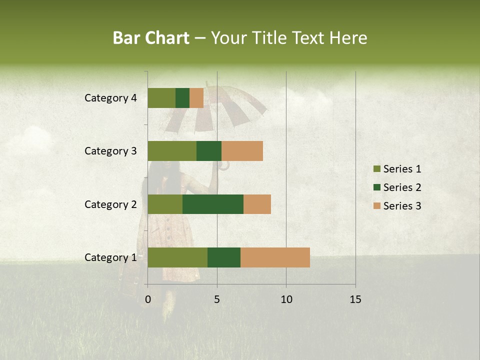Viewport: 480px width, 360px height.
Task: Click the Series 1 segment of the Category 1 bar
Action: point(177,257)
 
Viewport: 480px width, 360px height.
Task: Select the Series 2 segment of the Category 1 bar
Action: point(224,257)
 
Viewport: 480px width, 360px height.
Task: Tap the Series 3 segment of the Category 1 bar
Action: point(275,257)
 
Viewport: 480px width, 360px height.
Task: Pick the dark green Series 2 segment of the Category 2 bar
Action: point(213,204)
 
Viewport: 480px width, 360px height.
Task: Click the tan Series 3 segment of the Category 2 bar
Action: point(257,204)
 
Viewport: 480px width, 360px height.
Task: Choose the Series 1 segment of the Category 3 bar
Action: point(172,151)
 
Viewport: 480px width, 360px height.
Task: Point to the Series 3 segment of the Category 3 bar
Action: point(242,151)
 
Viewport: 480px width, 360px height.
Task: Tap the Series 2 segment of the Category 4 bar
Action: point(182,98)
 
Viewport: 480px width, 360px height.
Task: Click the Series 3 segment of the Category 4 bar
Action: point(196,98)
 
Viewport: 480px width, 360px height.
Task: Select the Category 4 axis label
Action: point(110,98)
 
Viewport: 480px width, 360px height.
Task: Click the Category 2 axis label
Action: point(110,204)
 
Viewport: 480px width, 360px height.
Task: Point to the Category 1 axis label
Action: point(110,257)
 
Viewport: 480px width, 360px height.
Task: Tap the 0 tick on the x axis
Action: point(148,299)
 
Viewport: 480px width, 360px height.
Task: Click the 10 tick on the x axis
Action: point(286,299)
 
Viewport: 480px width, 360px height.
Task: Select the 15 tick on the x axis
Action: point(355,299)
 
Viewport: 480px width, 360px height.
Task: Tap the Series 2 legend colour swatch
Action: point(376,187)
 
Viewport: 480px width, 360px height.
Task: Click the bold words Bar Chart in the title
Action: point(151,38)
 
